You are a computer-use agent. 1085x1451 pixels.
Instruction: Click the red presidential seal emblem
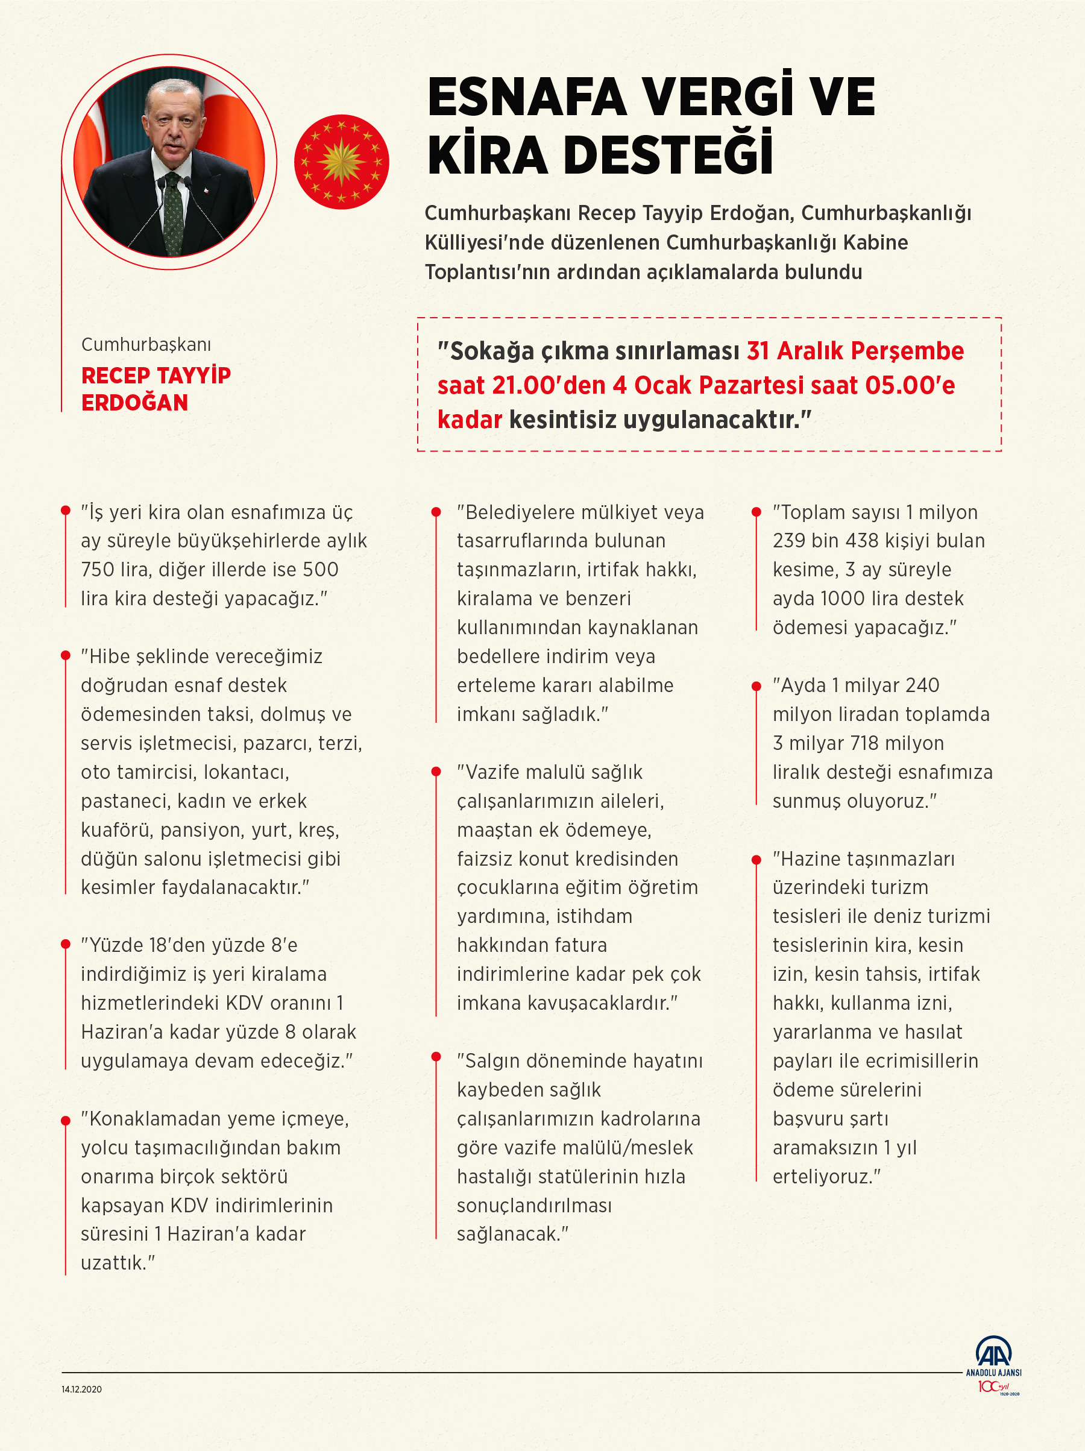pos(341,162)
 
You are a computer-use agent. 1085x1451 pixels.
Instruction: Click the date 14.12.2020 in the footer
pos(81,1390)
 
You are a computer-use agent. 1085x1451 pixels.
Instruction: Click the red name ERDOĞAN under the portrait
pos(134,402)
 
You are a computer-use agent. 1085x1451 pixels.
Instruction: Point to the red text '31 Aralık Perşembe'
pos(855,351)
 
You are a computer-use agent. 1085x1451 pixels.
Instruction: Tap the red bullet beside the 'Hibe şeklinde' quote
pos(66,655)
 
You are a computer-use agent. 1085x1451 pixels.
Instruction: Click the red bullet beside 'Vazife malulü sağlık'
pos(436,772)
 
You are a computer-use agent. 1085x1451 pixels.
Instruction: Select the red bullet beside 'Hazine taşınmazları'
pos(756,858)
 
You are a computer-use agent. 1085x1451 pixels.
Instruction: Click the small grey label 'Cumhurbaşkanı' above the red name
pos(146,344)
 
